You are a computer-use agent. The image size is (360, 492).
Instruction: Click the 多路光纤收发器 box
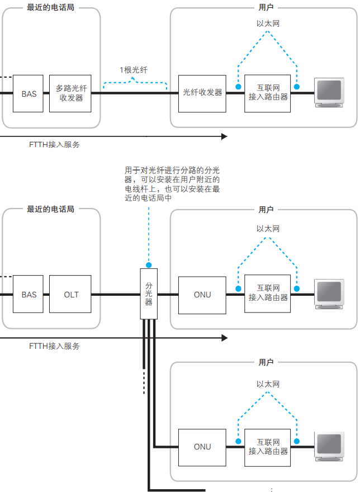tap(71, 93)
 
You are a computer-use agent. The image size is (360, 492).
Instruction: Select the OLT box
tap(71, 294)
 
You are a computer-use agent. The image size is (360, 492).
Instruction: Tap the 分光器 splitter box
tap(149, 294)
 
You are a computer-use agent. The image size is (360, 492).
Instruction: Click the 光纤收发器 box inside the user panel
tap(202, 93)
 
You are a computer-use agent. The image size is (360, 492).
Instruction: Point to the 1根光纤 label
tap(134, 70)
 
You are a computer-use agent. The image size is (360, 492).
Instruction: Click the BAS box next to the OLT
tap(29, 294)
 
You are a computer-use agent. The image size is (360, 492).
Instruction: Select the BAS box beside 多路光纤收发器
tap(29, 93)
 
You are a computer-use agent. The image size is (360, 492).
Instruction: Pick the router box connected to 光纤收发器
tap(268, 93)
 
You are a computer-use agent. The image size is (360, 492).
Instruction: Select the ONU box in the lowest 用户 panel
tap(202, 447)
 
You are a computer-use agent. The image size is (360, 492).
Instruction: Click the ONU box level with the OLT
tap(202, 294)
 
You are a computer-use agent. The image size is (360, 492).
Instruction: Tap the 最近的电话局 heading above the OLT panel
tap(50, 209)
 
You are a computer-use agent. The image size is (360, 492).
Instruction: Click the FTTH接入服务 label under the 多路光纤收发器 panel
tap(54, 144)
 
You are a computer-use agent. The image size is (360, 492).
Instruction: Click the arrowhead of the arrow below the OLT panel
tap(224, 338)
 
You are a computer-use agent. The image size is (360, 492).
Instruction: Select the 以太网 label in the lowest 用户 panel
tap(267, 384)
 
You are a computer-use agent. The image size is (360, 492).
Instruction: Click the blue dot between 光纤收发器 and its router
tap(238, 88)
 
